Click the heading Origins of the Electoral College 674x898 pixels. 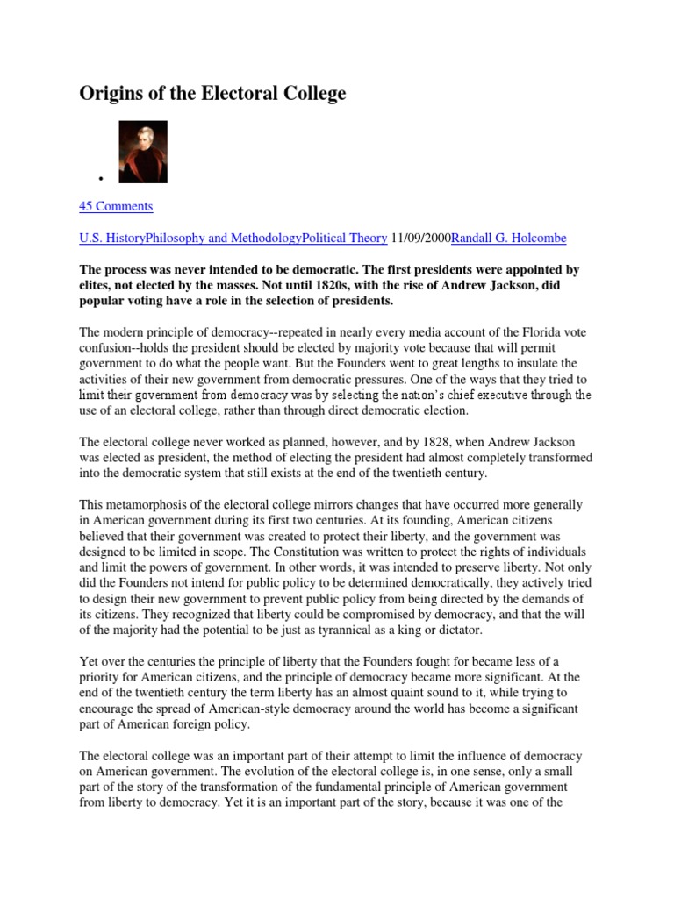click(213, 94)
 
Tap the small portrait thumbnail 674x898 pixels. click(143, 152)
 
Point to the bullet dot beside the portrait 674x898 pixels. click(103, 179)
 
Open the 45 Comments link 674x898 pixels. click(116, 206)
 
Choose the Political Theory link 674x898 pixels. click(344, 238)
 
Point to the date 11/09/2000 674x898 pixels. click(420, 238)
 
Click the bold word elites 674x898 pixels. click(98, 285)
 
